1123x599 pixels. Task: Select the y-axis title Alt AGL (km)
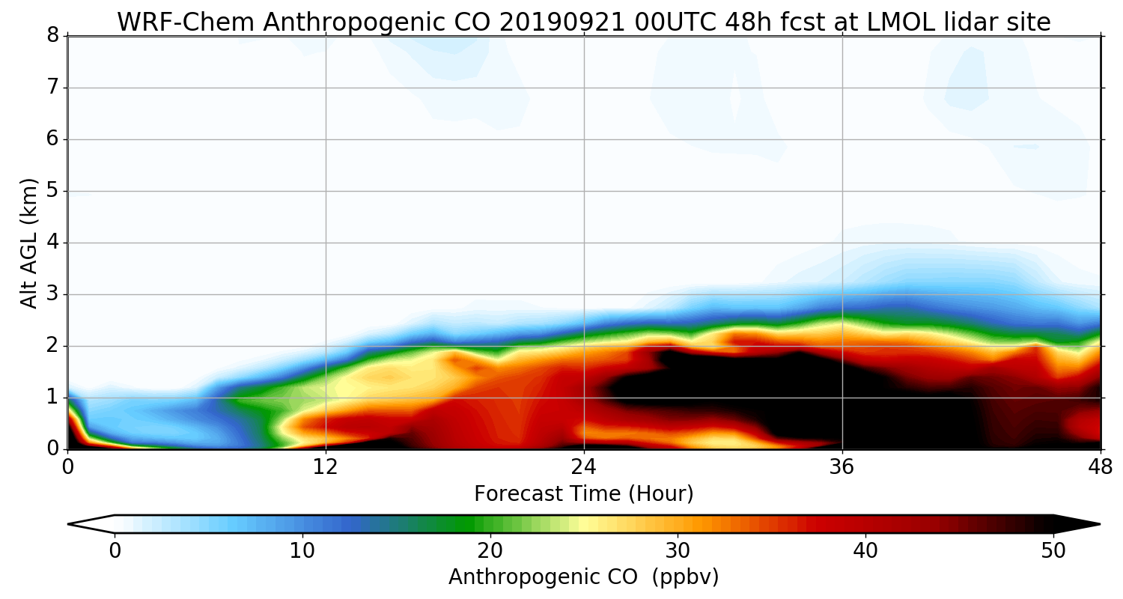point(28,243)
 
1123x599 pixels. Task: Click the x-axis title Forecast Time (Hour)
point(584,494)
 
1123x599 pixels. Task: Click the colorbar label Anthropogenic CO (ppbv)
point(584,577)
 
